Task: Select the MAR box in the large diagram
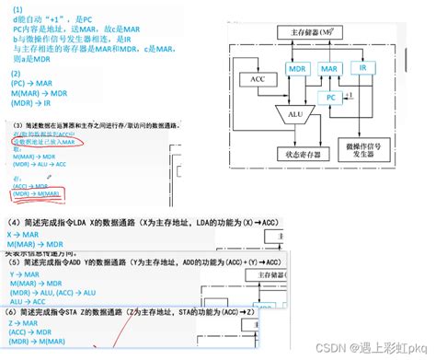(x=328, y=69)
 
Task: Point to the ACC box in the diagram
(x=257, y=79)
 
